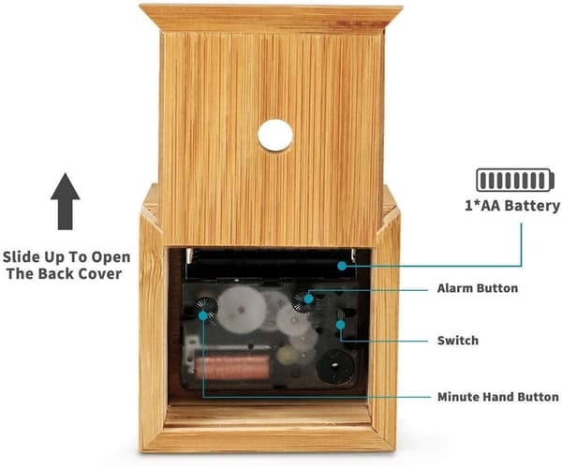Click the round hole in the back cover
275,136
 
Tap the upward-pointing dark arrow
66,201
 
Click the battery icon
515,180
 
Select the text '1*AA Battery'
512,206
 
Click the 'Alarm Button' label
478,288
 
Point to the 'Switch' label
458,341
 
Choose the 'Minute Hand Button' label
498,397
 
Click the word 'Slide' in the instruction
22,257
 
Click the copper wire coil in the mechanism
232,367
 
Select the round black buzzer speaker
335,366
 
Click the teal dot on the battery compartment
342,266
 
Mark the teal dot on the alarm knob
308,298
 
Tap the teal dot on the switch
341,325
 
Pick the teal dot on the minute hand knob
203,315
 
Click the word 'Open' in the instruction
111,258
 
